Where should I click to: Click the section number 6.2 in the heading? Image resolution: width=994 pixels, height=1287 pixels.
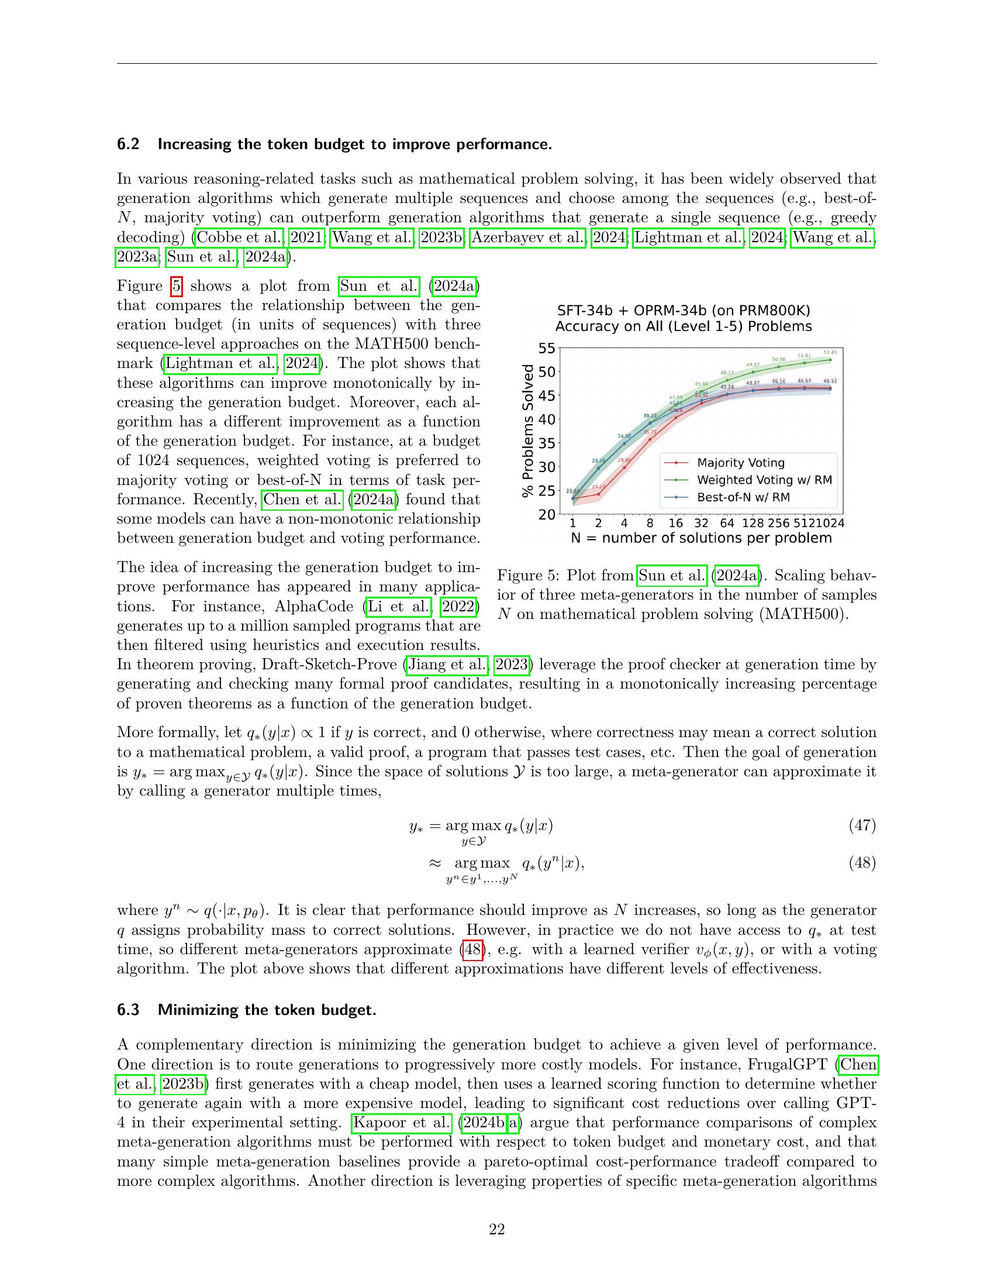point(128,144)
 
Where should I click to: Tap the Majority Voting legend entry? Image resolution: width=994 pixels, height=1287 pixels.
point(740,463)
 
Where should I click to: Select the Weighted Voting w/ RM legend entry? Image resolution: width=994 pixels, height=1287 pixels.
point(764,480)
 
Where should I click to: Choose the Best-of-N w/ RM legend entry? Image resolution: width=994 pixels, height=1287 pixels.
point(743,497)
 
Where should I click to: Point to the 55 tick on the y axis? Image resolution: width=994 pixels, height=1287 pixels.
point(547,349)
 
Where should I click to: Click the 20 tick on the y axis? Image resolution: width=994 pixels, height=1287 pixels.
point(547,514)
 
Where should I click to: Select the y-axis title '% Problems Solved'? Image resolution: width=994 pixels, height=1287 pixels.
point(528,431)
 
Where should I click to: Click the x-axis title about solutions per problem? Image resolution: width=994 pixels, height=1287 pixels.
point(701,538)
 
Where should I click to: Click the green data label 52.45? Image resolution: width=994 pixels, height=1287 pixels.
point(830,352)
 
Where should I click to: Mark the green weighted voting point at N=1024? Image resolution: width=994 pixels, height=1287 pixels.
point(830,359)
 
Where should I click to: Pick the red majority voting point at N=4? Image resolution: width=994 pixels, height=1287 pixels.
point(624,468)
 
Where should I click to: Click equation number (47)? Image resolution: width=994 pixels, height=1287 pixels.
point(862,825)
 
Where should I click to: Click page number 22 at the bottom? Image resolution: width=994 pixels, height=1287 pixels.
point(497,1229)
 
